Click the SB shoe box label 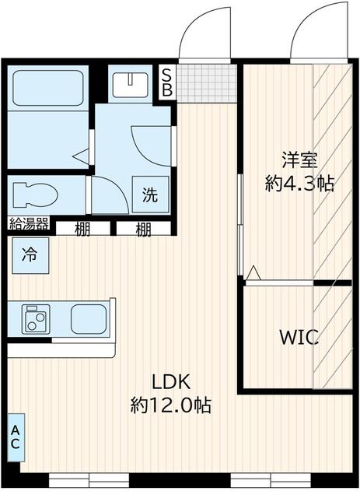tap(166, 80)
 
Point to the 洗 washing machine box tap(149, 195)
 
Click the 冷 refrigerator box tap(28, 253)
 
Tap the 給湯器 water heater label tap(29, 225)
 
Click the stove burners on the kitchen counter tap(35, 317)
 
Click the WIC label tap(299, 338)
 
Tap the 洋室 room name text tap(299, 161)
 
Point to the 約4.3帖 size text tap(299, 184)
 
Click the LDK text tap(170, 381)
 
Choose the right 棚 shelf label tap(143, 229)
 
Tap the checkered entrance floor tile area tap(206, 80)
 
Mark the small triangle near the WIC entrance tap(253, 272)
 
